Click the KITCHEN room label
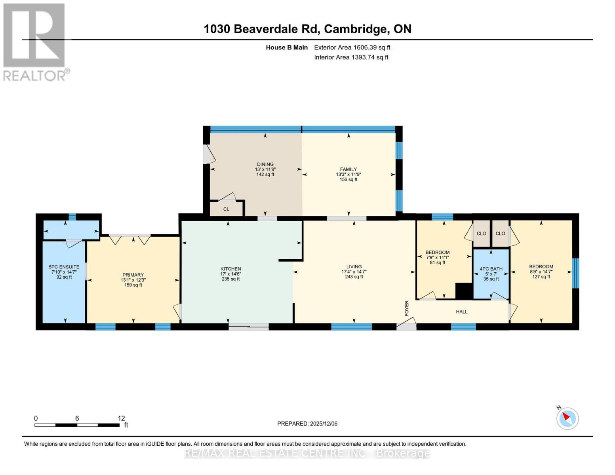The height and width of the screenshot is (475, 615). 230,269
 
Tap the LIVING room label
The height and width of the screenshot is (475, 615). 354,267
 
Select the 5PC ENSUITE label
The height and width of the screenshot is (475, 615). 64,267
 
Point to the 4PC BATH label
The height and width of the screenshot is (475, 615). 491,269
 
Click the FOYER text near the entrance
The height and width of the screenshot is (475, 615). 406,308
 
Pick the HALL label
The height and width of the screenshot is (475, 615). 462,312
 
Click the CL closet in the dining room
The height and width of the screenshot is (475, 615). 226,209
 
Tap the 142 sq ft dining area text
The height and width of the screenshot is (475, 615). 265,175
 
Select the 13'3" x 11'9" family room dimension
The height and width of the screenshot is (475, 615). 348,175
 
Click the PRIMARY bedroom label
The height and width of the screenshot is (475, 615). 133,275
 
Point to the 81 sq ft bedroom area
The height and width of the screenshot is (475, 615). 438,262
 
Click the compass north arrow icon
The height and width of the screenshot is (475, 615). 567,418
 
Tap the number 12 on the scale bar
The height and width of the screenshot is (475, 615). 121,418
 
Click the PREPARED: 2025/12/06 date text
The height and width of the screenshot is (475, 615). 307,424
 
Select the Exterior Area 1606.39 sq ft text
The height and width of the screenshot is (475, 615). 352,47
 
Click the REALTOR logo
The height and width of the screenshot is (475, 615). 35,42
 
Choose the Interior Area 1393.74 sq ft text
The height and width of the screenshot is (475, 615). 351,57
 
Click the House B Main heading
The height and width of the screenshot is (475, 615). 287,47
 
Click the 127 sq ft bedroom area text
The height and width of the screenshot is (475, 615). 541,277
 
